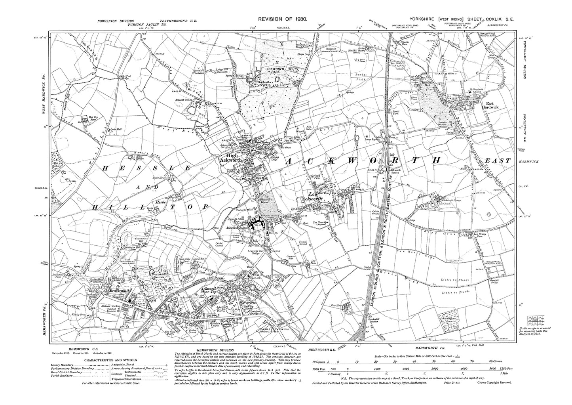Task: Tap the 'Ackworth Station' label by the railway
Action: [x=395, y=172]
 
